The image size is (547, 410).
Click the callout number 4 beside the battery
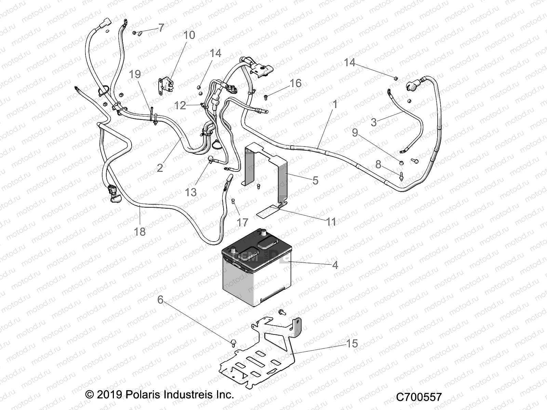pyautogui.click(x=335, y=265)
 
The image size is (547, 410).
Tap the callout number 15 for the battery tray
pyautogui.click(x=352, y=343)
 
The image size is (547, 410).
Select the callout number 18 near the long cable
pyautogui.click(x=139, y=232)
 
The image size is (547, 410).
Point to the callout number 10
pyautogui.click(x=189, y=35)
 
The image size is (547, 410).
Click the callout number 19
pyautogui.click(x=135, y=74)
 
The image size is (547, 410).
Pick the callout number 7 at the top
pyautogui.click(x=161, y=28)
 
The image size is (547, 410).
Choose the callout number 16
pyautogui.click(x=296, y=83)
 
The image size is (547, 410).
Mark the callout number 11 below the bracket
pyautogui.click(x=331, y=222)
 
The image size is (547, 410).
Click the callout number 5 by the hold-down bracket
pyautogui.click(x=315, y=180)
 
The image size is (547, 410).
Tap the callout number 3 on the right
pyautogui.click(x=374, y=122)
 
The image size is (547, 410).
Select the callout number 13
pyautogui.click(x=191, y=192)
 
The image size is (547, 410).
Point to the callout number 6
pyautogui.click(x=160, y=300)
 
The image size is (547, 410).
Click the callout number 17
pyautogui.click(x=242, y=222)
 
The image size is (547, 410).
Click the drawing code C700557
pyautogui.click(x=419, y=397)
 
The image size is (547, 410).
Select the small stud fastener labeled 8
pyautogui.click(x=401, y=175)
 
